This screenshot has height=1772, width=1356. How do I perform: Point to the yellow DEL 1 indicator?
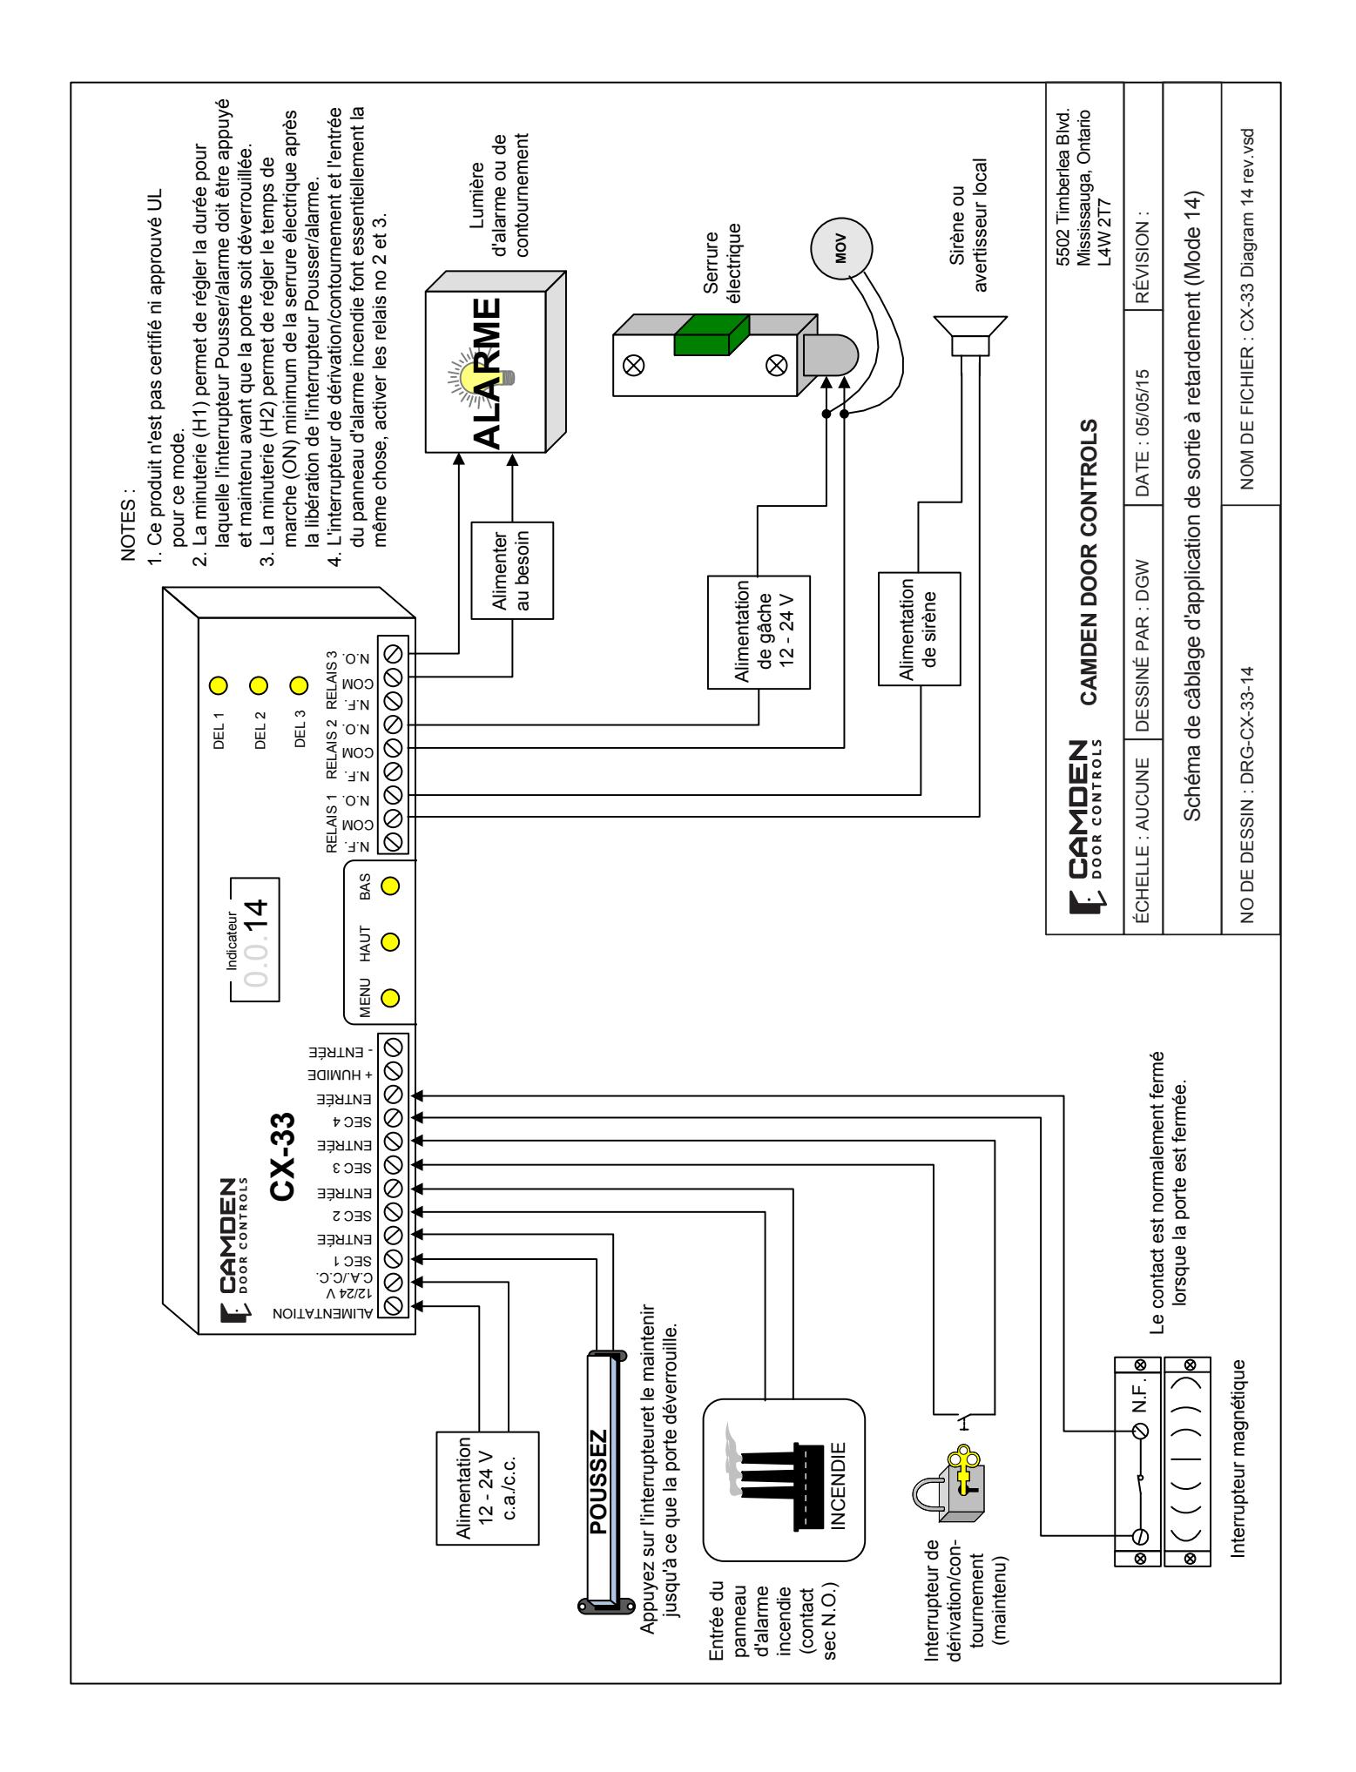(x=219, y=684)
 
